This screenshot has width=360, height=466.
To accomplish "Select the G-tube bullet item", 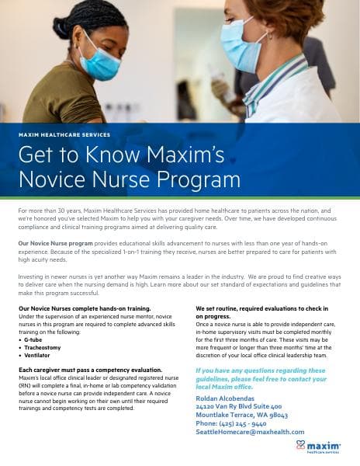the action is [34, 339].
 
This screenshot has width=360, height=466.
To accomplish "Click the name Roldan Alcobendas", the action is [226, 398].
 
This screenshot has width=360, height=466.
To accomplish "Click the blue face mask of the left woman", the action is [99, 64].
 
